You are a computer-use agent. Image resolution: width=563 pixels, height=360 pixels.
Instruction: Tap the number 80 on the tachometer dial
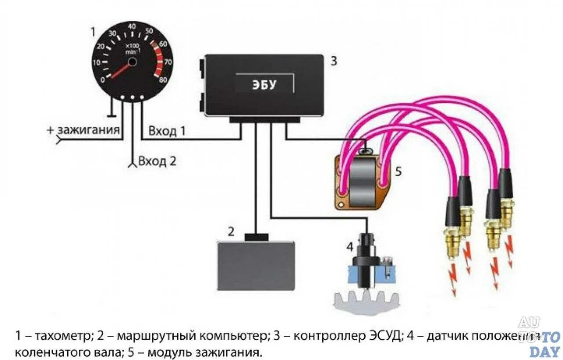tap(162, 80)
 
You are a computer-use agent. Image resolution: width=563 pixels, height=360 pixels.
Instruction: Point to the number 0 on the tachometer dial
tap(103, 80)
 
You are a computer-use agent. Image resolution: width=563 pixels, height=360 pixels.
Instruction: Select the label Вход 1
tap(167, 131)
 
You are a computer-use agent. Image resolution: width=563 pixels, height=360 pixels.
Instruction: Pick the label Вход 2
tap(157, 161)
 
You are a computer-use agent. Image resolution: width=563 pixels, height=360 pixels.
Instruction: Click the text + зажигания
tap(84, 130)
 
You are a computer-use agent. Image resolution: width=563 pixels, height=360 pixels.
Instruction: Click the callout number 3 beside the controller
tap(333, 61)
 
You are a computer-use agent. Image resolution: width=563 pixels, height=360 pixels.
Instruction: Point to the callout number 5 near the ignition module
tap(398, 171)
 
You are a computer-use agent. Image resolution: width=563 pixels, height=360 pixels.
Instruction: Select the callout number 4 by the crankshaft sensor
tap(350, 247)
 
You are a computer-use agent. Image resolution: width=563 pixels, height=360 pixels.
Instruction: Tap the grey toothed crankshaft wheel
tap(366, 304)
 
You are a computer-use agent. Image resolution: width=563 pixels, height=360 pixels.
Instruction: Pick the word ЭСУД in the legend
tap(384, 336)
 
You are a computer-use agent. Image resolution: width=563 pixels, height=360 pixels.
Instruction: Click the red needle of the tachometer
tap(121, 70)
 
